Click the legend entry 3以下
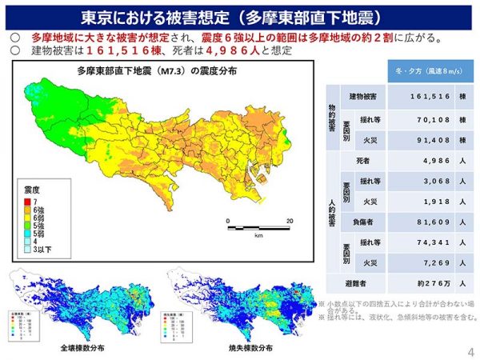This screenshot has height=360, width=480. [40, 250]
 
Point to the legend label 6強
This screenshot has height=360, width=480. [39, 209]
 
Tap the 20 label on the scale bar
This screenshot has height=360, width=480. [290, 221]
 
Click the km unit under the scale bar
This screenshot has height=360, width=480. [259, 237]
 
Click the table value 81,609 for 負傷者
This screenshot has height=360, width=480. [414, 221]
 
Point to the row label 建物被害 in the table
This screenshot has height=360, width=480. [364, 96]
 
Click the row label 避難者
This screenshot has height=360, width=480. [358, 283]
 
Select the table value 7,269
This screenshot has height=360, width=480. [417, 262]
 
